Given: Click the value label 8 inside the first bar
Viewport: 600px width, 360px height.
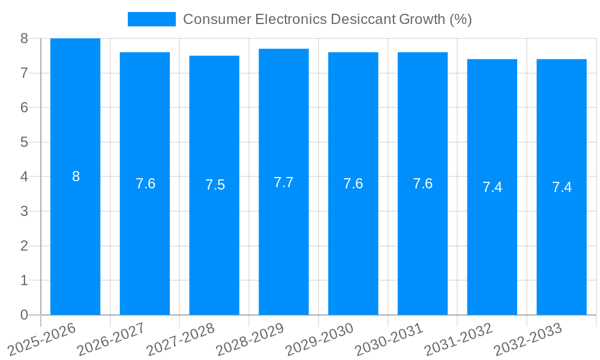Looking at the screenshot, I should coord(76,176).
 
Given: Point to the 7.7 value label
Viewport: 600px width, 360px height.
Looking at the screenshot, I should coord(284,182).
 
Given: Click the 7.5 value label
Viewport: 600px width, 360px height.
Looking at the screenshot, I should coord(215,185).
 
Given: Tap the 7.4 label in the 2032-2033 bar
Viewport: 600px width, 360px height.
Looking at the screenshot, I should coord(562,187).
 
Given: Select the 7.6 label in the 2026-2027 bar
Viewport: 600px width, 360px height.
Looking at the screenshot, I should coord(145,184).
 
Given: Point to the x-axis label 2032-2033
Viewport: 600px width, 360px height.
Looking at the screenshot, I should coord(528,340).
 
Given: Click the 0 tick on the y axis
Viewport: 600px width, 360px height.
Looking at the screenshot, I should coord(24,315).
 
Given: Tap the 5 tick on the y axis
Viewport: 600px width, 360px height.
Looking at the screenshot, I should coord(24,142).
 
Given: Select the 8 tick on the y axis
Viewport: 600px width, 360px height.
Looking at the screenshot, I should coord(24,38).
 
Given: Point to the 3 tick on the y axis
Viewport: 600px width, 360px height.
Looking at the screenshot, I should coord(24,211).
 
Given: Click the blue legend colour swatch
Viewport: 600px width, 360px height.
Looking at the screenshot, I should coord(151,19).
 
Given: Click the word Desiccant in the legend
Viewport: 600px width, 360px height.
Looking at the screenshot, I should coord(362,19).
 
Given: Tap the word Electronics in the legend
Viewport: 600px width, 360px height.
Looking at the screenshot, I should coord(291,19).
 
